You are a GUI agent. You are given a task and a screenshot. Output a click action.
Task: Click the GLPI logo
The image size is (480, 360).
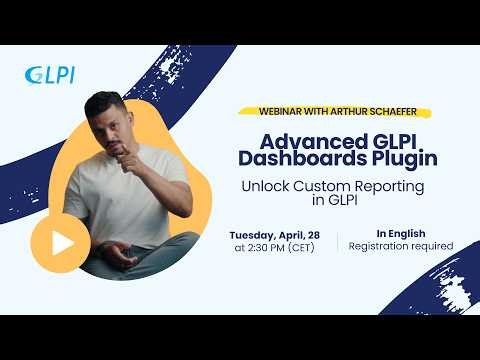49,74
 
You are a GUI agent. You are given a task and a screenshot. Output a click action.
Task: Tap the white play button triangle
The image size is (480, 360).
55,242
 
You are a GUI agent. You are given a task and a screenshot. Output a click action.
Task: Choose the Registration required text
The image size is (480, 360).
400,246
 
